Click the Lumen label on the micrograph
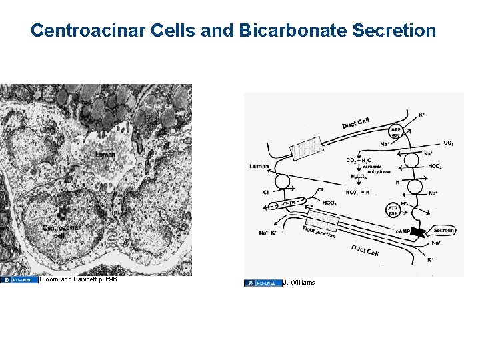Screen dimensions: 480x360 [x=104, y=155]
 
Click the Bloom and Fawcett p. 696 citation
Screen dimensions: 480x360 [x=78, y=279]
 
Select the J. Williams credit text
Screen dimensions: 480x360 [x=299, y=283]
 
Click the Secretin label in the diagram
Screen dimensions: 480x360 [x=443, y=230]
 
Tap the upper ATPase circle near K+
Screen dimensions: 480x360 [x=397, y=132]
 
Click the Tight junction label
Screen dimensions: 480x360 [x=319, y=231]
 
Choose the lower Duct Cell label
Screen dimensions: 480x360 [x=365, y=251]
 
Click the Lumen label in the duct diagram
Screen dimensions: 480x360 [x=259, y=166]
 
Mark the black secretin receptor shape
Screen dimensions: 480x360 [x=419, y=232]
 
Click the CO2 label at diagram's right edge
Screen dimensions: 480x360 [x=450, y=143]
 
